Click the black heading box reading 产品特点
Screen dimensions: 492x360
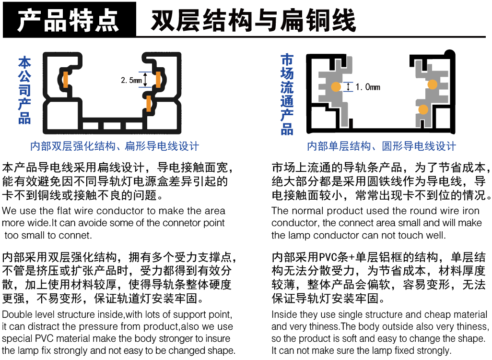(x=70, y=20)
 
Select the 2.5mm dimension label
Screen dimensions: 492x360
(x=131, y=80)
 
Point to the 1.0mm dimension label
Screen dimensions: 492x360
(x=368, y=87)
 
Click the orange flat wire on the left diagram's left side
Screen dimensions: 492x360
(x=65, y=80)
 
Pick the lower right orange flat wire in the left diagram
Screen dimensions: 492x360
(x=149, y=103)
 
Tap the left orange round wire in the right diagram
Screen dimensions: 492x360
(x=336, y=87)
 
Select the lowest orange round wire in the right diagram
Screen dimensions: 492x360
(x=423, y=109)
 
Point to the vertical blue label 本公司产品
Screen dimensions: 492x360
(x=24, y=90)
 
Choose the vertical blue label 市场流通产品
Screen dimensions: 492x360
(x=287, y=94)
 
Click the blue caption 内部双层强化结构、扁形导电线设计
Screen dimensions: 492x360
(x=115, y=146)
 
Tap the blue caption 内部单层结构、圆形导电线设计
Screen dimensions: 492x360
(x=381, y=146)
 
